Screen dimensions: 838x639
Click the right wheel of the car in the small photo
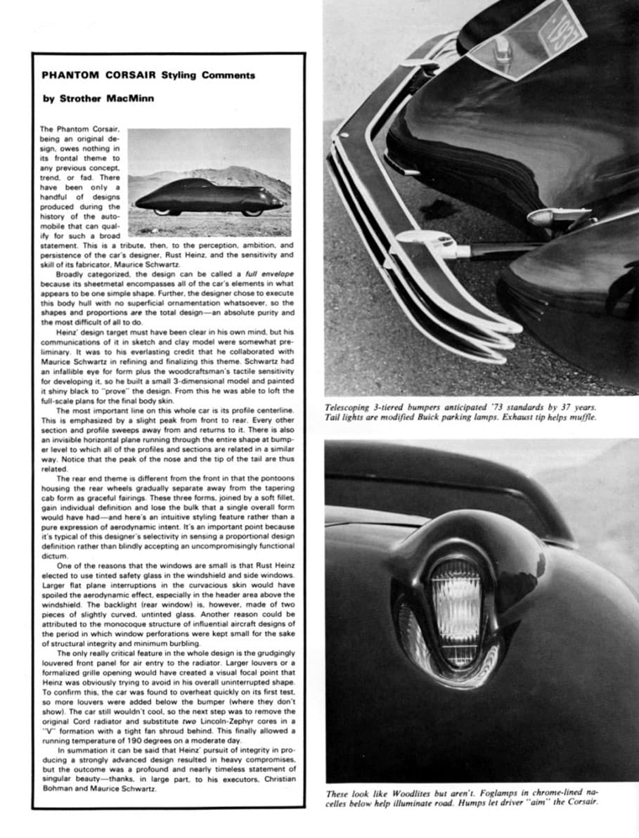(x=250, y=212)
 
